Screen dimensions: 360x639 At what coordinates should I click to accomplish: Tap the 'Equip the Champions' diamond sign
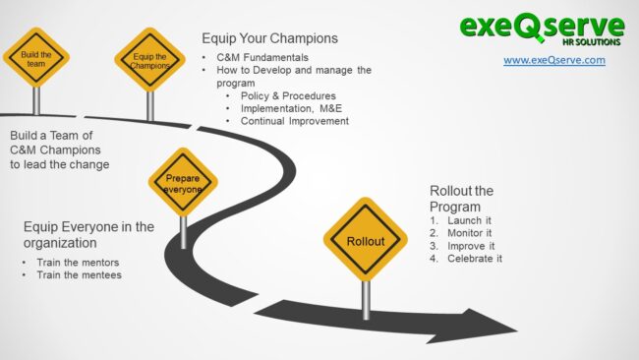(x=149, y=58)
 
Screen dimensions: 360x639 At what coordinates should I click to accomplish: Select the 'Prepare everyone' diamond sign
(x=183, y=182)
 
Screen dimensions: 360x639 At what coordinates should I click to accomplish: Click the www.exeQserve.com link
(x=554, y=60)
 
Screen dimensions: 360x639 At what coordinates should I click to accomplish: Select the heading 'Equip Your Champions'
(x=269, y=38)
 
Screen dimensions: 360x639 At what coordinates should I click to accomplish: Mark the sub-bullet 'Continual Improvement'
(x=294, y=121)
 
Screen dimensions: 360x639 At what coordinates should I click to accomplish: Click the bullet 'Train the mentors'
(x=79, y=263)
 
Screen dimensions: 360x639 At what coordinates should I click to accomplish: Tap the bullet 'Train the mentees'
(x=79, y=275)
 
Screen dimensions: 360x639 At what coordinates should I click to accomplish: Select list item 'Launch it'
(x=470, y=220)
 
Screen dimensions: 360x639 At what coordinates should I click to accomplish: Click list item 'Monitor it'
(x=472, y=233)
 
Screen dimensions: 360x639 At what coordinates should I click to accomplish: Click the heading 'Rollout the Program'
(x=462, y=198)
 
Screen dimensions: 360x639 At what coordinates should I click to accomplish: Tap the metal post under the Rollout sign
(x=366, y=298)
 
